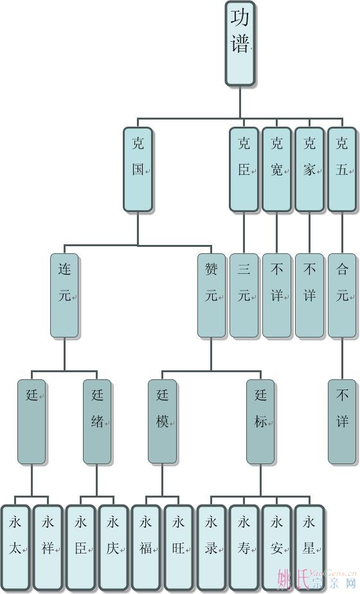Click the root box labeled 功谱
pyautogui.click(x=240, y=44)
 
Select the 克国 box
pyautogui.click(x=138, y=169)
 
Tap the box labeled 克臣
pyautogui.click(x=244, y=169)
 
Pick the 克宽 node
pyautogui.click(x=276, y=169)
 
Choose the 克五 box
pyautogui.click(x=342, y=169)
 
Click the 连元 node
pyautogui.click(x=64, y=296)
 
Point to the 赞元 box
pyautogui.click(x=212, y=296)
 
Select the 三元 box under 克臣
pyautogui.click(x=244, y=296)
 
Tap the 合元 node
pyautogui.click(x=342, y=296)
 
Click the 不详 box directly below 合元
pyautogui.click(x=342, y=422)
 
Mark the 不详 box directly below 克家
pyautogui.click(x=310, y=296)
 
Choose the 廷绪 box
pyautogui.click(x=97, y=422)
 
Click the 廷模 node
pyautogui.click(x=162, y=422)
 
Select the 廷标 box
pyautogui.click(x=260, y=422)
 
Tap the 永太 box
pyautogui.click(x=15, y=548)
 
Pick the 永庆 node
pyautogui.click(x=113, y=548)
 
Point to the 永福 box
pyautogui.click(x=146, y=548)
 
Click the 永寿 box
pyautogui.click(x=244, y=548)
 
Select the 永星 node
pyautogui.click(x=310, y=548)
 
